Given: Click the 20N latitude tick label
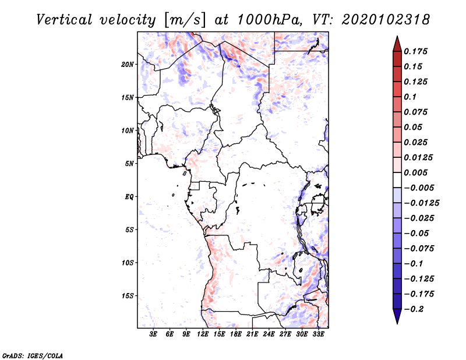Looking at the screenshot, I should [x=128, y=64].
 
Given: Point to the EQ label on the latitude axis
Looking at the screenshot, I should [x=129, y=196].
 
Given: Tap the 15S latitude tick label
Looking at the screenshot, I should [x=128, y=295].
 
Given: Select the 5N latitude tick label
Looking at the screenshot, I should [x=129, y=163].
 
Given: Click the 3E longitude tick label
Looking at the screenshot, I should [x=153, y=334].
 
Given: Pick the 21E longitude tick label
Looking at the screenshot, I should [x=252, y=334].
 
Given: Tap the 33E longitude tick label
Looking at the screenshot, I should [x=318, y=334].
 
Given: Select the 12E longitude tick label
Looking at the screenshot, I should [x=203, y=334].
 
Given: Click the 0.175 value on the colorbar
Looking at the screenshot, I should [x=417, y=51].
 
